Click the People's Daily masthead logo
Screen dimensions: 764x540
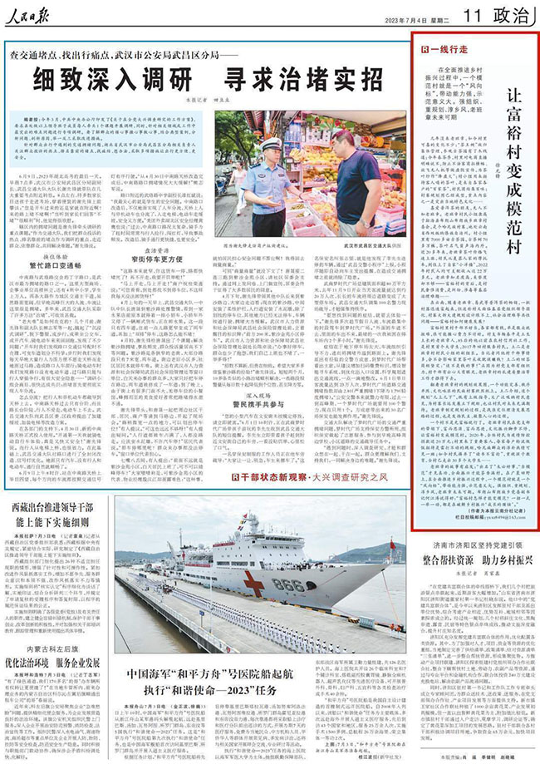[38, 15]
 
